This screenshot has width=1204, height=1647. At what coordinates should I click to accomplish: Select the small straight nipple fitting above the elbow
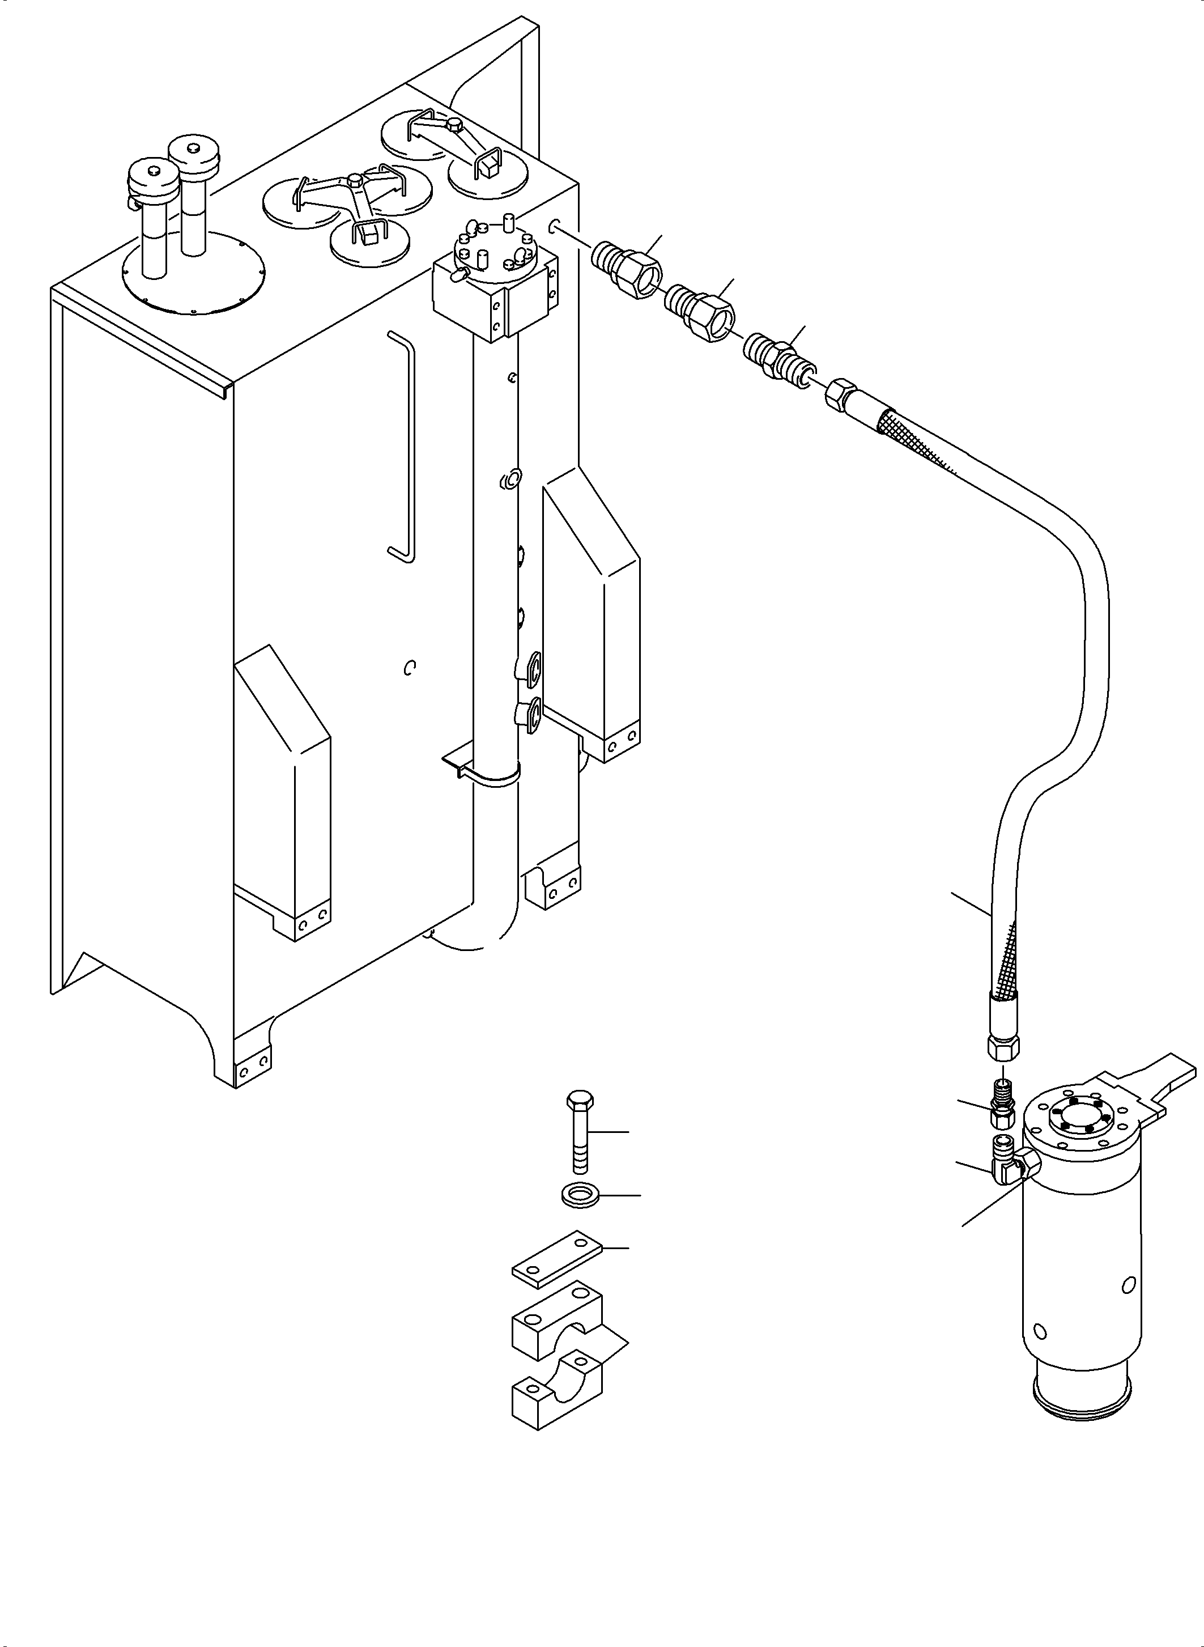[x=1001, y=1103]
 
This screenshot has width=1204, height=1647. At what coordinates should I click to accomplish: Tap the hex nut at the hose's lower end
[x=1003, y=1049]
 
